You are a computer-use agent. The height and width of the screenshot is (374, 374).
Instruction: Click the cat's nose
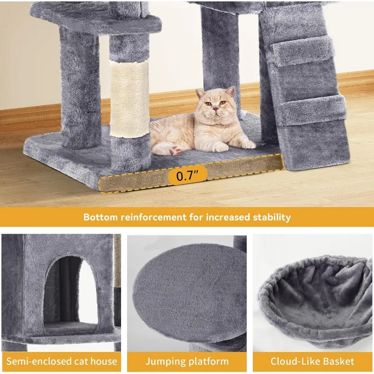[x=216, y=108]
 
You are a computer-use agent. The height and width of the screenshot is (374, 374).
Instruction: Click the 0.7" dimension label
[x=187, y=176]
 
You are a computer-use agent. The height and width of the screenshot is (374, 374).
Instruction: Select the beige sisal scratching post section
[x=129, y=99]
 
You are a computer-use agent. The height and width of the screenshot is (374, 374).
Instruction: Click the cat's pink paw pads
[x=175, y=150]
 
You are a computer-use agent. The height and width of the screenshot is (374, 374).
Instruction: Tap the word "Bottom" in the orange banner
[x=101, y=217]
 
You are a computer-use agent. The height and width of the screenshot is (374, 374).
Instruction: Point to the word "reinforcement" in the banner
[x=153, y=217]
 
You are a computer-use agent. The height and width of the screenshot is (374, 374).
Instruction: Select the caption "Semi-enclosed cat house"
[x=62, y=361]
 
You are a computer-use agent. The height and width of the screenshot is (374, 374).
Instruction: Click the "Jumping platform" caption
[x=187, y=361]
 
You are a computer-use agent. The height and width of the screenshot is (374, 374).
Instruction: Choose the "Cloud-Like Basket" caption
[x=312, y=361]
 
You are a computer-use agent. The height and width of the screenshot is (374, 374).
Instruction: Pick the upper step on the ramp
[x=303, y=54]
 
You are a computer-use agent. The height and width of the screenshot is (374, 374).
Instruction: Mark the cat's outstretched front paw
[x=247, y=144]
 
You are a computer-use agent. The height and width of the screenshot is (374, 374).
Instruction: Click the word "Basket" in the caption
[x=336, y=361]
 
